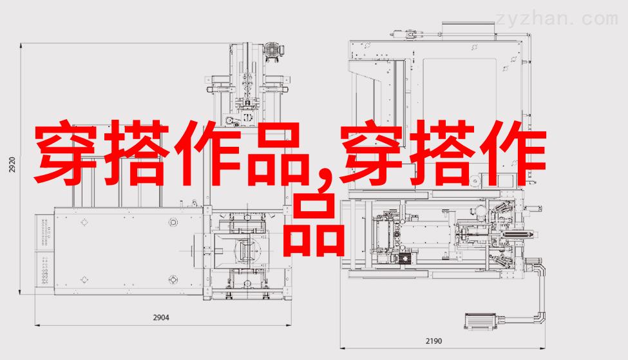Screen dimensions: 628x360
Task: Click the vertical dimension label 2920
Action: point(12,165)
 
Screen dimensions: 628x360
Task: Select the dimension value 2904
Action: point(161,317)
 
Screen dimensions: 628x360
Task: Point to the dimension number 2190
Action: point(433,341)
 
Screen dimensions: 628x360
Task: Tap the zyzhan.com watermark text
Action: point(557,19)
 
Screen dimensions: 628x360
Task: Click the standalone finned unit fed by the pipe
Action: point(481,321)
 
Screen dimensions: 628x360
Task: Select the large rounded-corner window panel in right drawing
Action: point(460,91)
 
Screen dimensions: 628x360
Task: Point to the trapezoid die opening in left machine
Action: point(244,251)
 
